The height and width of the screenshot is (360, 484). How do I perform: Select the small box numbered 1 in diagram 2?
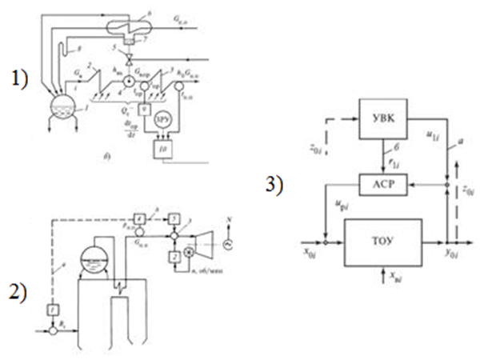(x=53, y=308)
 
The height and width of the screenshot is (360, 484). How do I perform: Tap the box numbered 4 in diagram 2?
(x=139, y=218)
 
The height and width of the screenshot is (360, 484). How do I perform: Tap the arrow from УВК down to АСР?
(x=384, y=156)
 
